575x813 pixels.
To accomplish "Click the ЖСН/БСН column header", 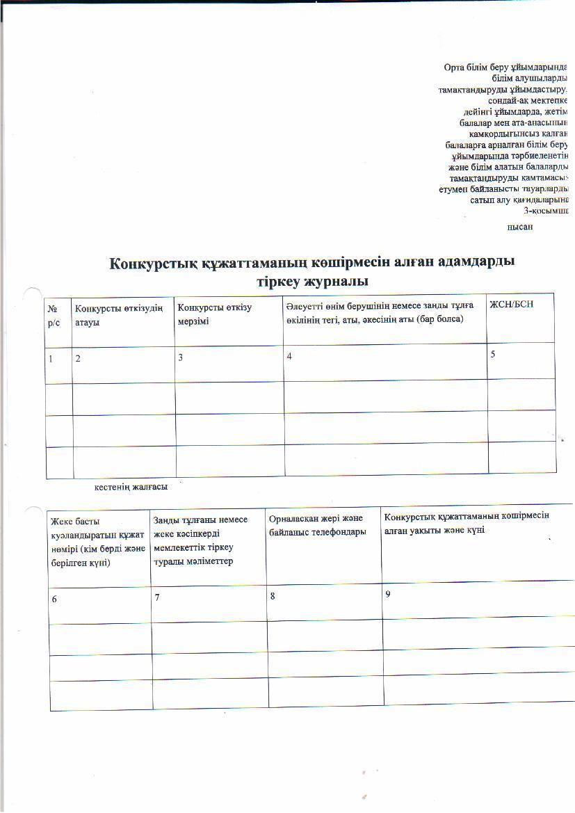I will pos(512,305).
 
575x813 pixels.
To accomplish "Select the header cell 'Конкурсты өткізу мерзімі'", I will pos(214,313).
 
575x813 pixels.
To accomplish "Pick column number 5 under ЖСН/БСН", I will pos(493,354).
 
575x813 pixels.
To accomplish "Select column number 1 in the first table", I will pos(51,358).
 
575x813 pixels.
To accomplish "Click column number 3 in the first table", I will pos(181,357).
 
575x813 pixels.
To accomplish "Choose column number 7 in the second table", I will pos(158,598).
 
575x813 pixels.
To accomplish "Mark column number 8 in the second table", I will pos(273,596).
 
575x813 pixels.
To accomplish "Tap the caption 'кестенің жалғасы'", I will pos(131,487).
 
